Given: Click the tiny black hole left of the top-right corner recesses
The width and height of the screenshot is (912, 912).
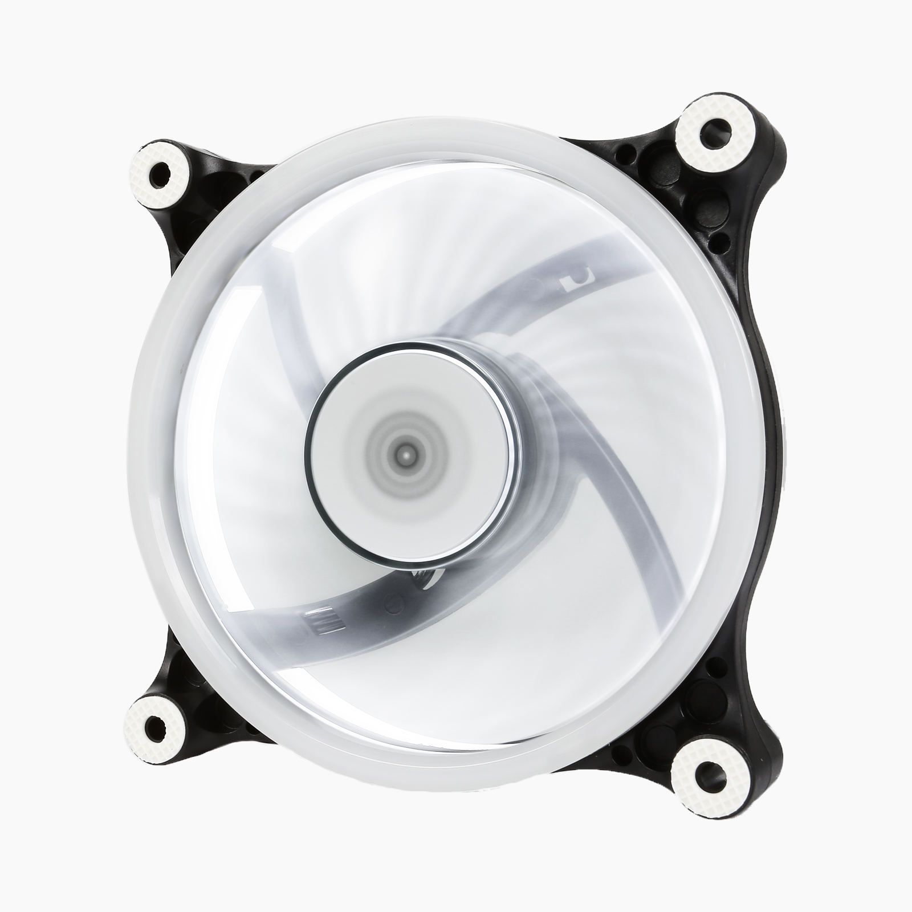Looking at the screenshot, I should point(628,153).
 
